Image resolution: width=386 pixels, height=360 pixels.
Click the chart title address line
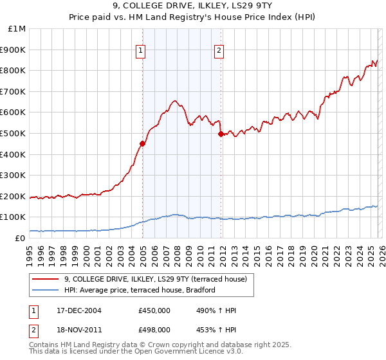[x=193, y=7]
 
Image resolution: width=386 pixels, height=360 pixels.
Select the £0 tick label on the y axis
[x=21, y=238]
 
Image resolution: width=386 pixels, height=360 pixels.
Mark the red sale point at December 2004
[x=142, y=144]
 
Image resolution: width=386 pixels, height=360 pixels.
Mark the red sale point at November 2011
[x=221, y=134]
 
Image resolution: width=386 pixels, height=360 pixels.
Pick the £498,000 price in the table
[x=154, y=329]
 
